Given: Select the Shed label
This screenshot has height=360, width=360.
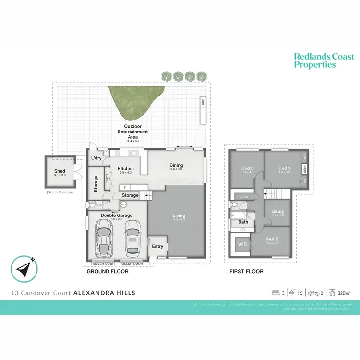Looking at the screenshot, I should point(60,171).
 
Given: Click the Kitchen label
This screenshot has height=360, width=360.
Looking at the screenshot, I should point(125,168).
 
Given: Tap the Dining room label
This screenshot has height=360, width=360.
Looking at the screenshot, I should point(176,166).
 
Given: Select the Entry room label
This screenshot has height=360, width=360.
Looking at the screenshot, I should point(157,246).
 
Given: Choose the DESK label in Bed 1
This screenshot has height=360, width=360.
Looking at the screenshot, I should point(304,168).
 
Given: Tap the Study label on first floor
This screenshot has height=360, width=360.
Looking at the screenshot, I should point(277,211).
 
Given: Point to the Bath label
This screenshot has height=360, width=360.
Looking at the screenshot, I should point(243,222).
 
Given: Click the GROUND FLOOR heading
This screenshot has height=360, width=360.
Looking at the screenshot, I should point(108,272).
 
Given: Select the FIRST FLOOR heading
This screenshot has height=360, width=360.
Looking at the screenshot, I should point(246,272).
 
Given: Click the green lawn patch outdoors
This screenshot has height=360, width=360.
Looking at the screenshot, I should point(133,103).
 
